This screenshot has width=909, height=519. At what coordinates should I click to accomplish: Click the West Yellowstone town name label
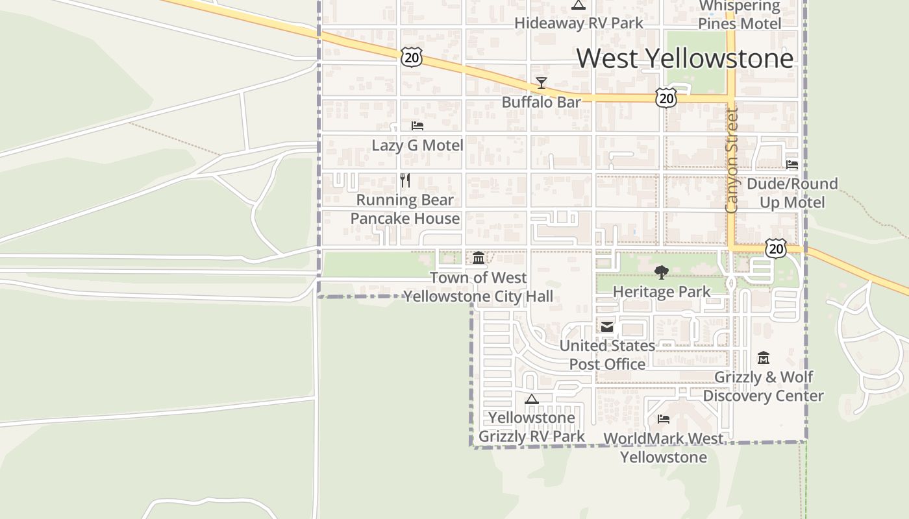coord(685,58)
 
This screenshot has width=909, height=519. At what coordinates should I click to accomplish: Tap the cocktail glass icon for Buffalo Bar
coord(541,83)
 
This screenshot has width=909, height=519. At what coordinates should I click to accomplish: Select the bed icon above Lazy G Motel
coord(417,126)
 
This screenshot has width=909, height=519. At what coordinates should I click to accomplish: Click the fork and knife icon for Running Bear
coord(405,180)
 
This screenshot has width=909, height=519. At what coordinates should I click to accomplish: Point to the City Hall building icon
coord(479,258)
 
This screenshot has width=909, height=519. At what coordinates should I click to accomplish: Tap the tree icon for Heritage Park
coord(662,272)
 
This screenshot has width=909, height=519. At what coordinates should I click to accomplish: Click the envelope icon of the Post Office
coord(607,327)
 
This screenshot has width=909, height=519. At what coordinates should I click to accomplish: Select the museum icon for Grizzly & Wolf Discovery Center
coord(764,357)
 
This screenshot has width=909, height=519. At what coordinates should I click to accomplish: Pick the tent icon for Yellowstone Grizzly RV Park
coord(532,399)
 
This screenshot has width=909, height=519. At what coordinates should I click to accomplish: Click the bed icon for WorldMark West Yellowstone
coord(664,419)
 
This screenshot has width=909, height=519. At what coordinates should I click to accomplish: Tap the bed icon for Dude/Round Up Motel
coord(792,164)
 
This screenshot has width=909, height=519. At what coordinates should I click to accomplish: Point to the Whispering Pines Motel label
coord(740,15)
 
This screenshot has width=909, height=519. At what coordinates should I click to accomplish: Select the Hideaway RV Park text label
coord(579,23)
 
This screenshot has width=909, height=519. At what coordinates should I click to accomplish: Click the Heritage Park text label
coord(662,292)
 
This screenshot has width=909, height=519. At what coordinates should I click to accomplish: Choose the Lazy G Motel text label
coord(417,145)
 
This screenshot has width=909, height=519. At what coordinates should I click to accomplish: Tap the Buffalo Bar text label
coord(541,103)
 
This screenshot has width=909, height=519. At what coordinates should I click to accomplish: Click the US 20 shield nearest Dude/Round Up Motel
coord(775,248)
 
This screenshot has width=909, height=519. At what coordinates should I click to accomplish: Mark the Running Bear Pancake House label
coord(405,209)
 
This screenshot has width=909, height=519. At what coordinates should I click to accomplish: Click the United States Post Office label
coord(607,355)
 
